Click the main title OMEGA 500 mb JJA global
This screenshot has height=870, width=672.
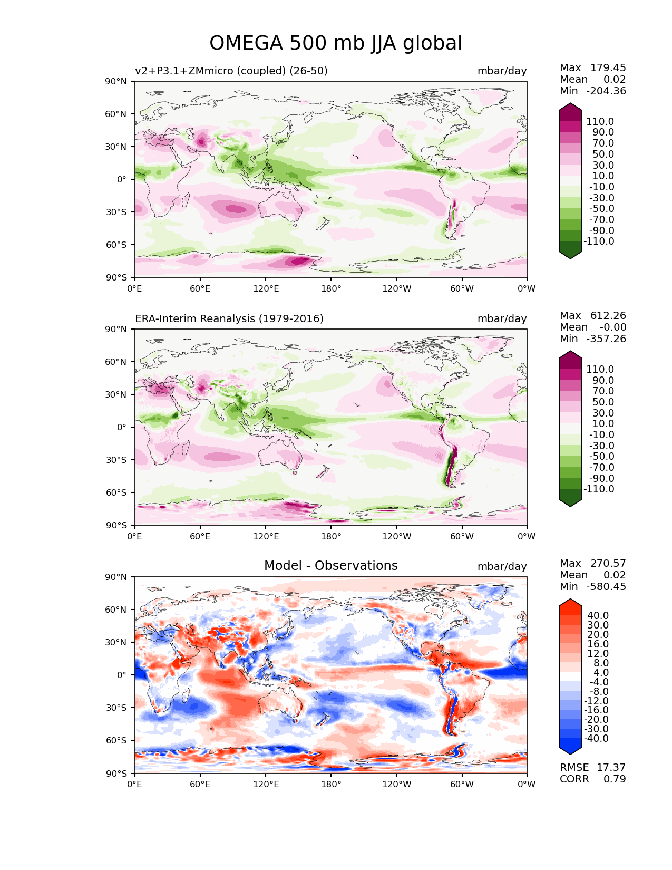(336, 43)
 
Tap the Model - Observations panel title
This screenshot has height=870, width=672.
(330, 566)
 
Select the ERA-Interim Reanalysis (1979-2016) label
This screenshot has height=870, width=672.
(229, 318)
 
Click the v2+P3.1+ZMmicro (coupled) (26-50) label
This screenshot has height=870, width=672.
(231, 71)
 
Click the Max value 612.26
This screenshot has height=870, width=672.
(608, 315)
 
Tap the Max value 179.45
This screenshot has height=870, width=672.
(608, 67)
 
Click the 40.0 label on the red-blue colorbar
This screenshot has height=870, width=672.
(598, 615)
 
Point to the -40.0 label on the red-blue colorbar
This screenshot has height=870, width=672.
(597, 738)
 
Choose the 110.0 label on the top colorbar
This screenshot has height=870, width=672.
(600, 121)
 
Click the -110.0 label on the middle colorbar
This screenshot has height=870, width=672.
(599, 489)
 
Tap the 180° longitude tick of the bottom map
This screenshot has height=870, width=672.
(331, 784)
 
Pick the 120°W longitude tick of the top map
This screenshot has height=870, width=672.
(396, 288)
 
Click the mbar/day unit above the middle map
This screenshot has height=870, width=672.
(502, 318)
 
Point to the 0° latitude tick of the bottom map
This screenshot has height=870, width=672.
(122, 675)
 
